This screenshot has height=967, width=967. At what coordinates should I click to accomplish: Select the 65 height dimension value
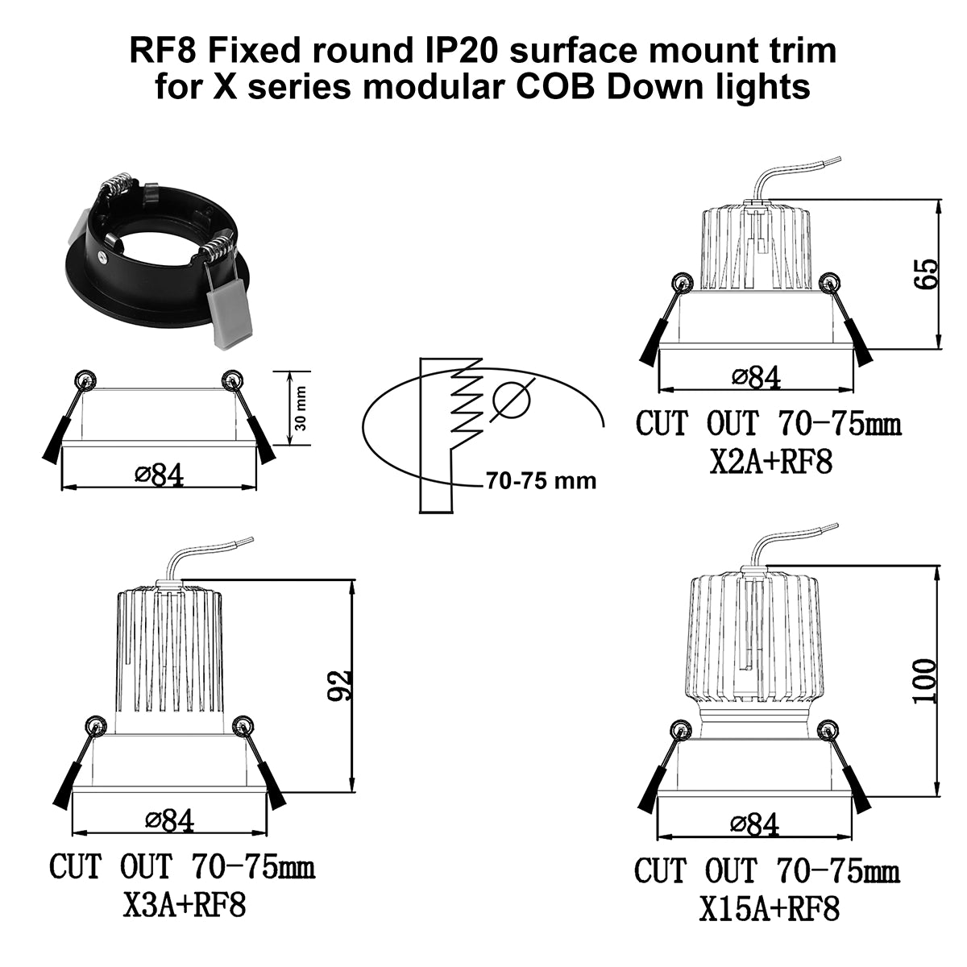tap(926, 273)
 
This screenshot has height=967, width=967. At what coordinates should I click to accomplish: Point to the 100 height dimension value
tap(924, 681)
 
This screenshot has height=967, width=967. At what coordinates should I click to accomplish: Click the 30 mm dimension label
tap(301, 408)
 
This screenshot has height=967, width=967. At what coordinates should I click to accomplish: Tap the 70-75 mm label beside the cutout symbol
tap(541, 481)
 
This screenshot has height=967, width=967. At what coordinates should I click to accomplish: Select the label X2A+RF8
tap(771, 461)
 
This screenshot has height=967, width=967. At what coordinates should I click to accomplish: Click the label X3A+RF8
tap(185, 919)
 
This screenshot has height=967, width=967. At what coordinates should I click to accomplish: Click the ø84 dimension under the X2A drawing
tap(756, 377)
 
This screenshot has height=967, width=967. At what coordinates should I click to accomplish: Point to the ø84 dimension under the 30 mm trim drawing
tap(159, 475)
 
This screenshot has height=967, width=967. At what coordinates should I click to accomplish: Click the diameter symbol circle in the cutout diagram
tap(512, 400)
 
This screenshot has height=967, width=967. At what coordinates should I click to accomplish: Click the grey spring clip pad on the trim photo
tap(230, 319)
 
